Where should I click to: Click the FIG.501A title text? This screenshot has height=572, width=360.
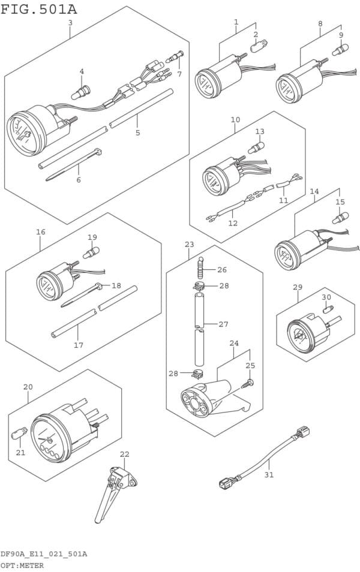click(x=39, y=9)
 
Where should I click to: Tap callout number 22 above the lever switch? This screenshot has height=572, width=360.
click(x=125, y=454)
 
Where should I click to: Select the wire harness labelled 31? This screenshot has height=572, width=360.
click(x=265, y=458)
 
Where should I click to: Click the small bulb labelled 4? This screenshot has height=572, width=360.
click(x=80, y=92)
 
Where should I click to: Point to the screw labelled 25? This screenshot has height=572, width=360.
click(x=248, y=383)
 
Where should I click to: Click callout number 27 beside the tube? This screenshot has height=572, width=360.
click(x=223, y=324)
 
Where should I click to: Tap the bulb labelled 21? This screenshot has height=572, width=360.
click(x=19, y=433)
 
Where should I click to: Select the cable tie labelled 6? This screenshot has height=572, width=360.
click(x=74, y=164)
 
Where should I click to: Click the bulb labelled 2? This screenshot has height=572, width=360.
click(x=259, y=46)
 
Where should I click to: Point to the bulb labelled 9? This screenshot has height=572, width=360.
click(x=340, y=50)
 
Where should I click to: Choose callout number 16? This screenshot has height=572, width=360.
click(x=41, y=231)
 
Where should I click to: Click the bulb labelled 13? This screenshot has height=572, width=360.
click(x=256, y=147)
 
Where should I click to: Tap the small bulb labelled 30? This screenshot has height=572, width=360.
click(x=328, y=310)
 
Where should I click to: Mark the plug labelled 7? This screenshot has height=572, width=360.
click(x=175, y=57)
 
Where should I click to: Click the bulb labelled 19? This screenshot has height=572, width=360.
click(x=91, y=253)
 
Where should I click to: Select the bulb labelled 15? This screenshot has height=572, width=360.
click(x=340, y=218)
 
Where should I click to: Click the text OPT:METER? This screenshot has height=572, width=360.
click(x=22, y=565)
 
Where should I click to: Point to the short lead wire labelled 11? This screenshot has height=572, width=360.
click(x=289, y=181)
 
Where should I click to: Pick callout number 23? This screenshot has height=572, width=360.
click(x=189, y=245)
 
